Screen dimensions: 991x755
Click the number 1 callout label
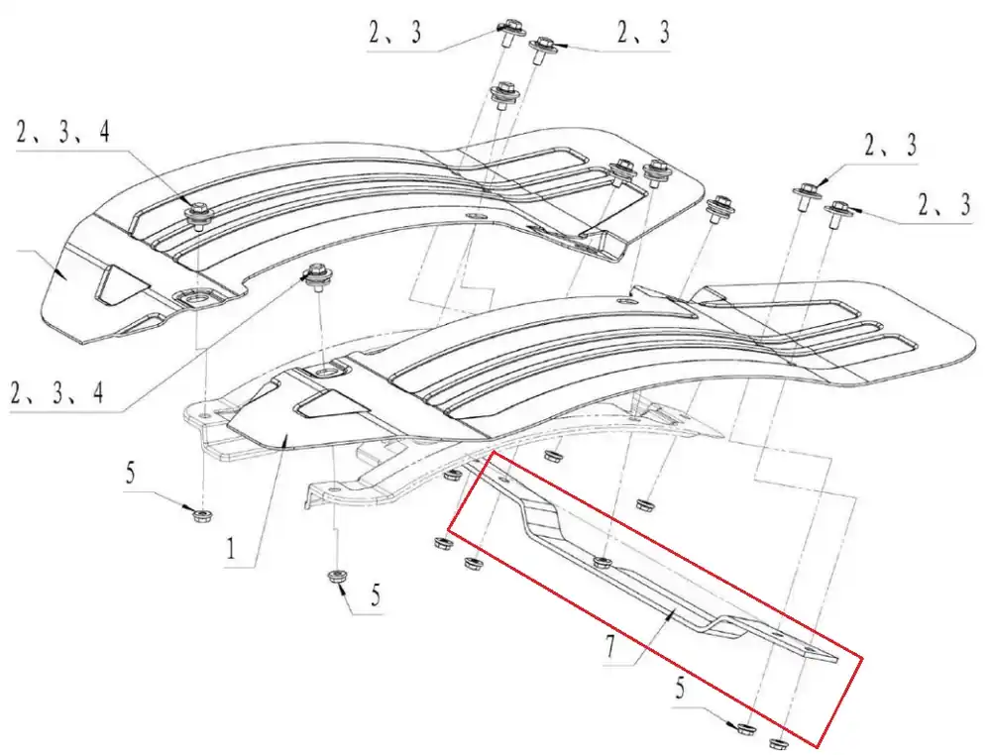coord(231,547)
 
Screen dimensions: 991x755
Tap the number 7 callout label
coord(610,646)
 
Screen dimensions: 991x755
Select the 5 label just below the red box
coord(680,688)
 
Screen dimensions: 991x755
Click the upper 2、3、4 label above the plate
coord(63,132)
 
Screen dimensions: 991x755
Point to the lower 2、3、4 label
coord(56,393)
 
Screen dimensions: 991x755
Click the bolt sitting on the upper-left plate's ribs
coord(198,214)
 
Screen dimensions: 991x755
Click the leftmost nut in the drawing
coord(202,513)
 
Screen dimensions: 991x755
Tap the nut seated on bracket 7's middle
coord(603,561)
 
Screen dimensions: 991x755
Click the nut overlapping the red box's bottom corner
coord(778,742)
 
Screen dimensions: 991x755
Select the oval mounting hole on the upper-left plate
coord(196,296)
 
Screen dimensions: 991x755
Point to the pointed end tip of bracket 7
coord(836,660)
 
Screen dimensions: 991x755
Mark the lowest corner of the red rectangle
coord(820,746)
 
